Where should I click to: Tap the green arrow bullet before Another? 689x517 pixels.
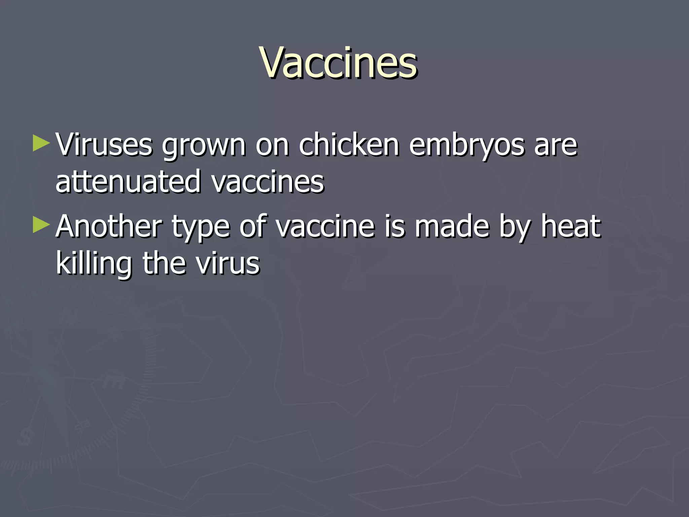click(41, 225)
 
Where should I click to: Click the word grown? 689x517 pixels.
click(204, 146)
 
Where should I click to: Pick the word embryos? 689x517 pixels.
click(466, 146)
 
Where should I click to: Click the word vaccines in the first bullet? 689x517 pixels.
click(268, 182)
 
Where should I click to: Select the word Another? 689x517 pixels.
click(109, 226)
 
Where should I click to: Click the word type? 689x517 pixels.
click(201, 228)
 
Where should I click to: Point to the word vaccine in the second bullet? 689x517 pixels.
click(325, 227)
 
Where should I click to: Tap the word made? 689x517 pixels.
click(452, 226)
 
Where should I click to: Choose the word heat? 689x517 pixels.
click(571, 226)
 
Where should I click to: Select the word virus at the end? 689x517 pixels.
click(228, 263)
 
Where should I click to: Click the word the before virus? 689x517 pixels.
click(165, 263)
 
